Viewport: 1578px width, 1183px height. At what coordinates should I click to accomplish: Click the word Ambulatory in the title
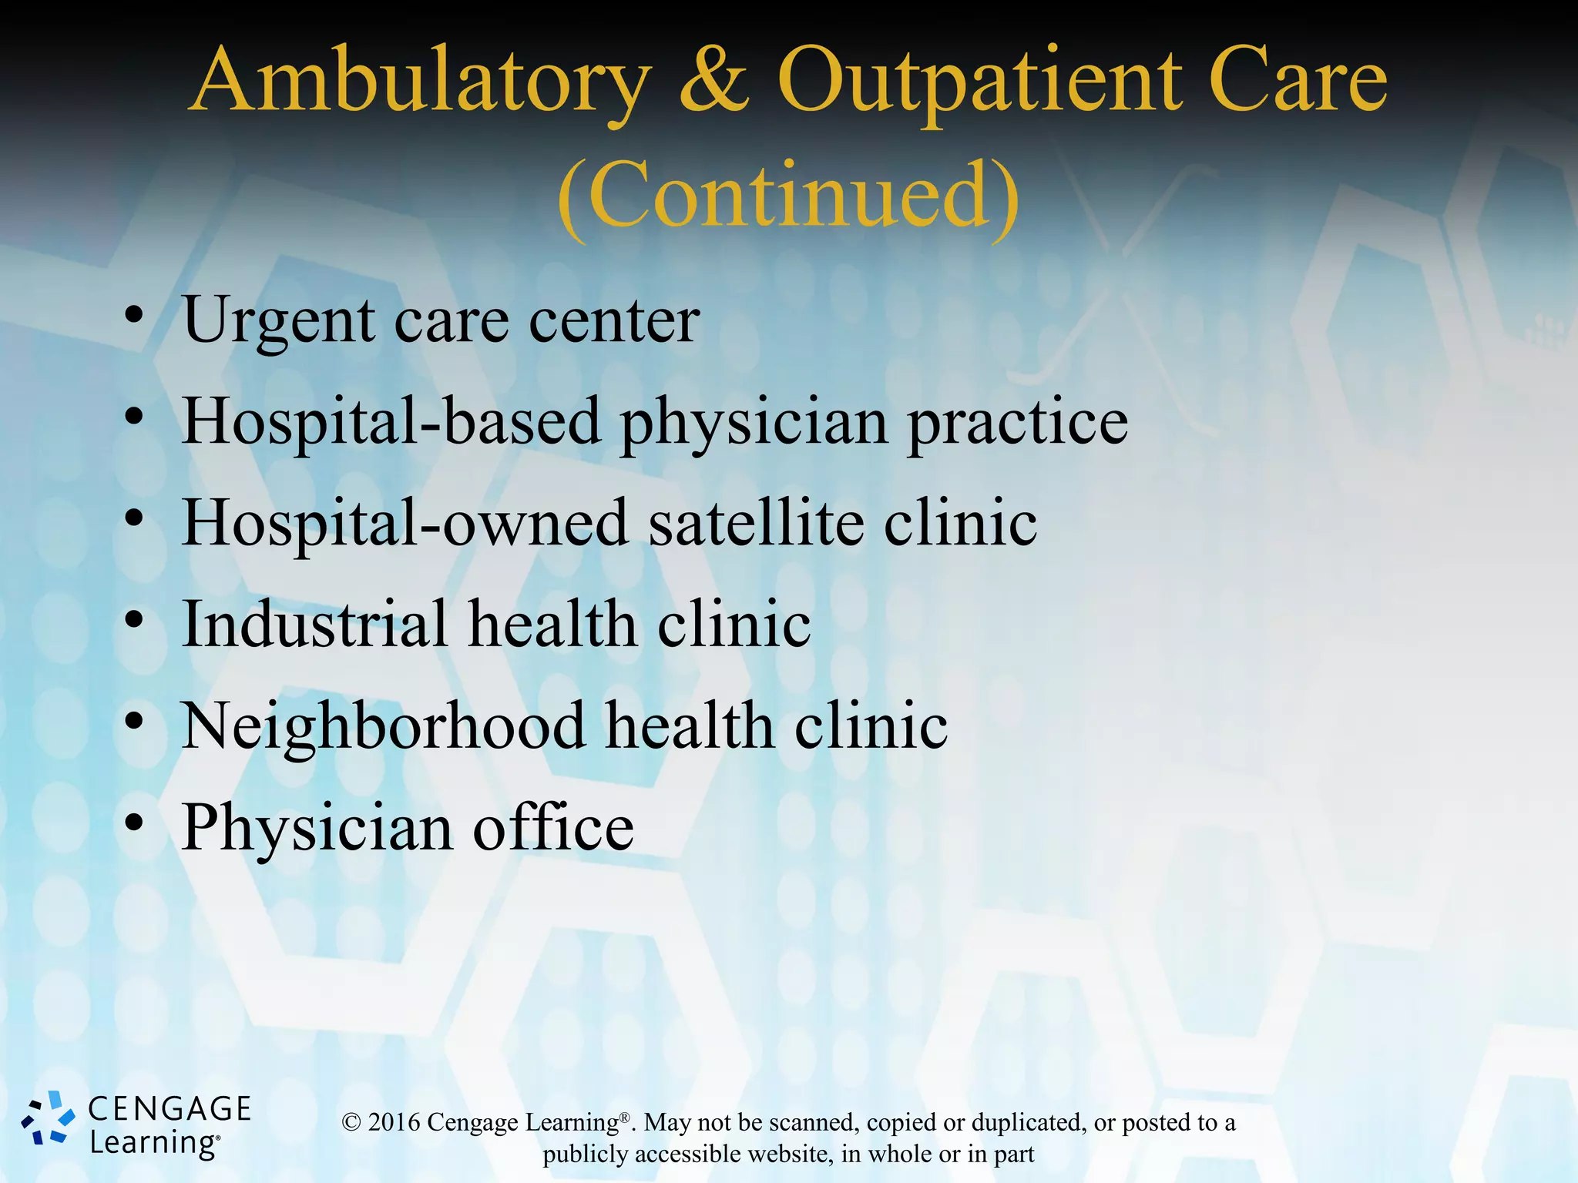[x=421, y=83]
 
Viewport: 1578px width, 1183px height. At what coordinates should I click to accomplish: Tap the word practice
[x=1018, y=422]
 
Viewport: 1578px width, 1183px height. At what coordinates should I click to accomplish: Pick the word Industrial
[x=314, y=623]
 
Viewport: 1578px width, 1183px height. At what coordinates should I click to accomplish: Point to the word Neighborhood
[x=382, y=726]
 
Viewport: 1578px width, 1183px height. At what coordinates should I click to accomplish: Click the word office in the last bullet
[x=553, y=827]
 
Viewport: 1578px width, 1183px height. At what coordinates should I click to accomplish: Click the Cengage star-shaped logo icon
[x=48, y=1118]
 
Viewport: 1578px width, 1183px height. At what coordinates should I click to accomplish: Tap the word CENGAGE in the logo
[x=170, y=1109]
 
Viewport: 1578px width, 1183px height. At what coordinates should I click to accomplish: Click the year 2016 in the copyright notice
[x=394, y=1122]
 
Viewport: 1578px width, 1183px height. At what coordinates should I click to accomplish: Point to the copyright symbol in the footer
[x=351, y=1123]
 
